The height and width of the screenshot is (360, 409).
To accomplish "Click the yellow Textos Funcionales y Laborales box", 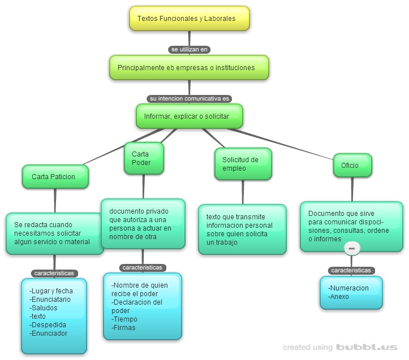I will (190, 19).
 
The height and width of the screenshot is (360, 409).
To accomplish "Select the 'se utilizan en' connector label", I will (190, 49).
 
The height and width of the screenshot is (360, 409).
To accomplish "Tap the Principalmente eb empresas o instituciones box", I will (188, 67).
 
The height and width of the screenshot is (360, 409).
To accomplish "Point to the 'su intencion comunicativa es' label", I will (189, 98).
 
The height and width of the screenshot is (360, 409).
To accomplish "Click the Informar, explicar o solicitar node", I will (189, 116).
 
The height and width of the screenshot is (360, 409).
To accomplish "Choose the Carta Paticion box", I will (55, 176).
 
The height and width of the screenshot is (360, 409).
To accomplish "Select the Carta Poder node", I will (144, 158).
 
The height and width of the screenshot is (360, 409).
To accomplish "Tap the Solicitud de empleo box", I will (243, 164).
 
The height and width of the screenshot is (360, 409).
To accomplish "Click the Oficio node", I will (352, 166).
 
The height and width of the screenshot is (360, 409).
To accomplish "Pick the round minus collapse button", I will (351, 249).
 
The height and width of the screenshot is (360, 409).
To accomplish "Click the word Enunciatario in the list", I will (51, 299).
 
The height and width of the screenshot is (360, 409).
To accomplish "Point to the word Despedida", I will (48, 325).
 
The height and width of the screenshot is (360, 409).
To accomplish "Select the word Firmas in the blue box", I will (123, 327).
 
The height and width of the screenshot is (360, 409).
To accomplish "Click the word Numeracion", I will (348, 288).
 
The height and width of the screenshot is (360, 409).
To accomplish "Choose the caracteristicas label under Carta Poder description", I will (142, 267).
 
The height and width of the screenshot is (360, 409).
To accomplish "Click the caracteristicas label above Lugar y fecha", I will (54, 273).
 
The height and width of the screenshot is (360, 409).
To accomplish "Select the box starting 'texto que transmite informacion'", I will (243, 229).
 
